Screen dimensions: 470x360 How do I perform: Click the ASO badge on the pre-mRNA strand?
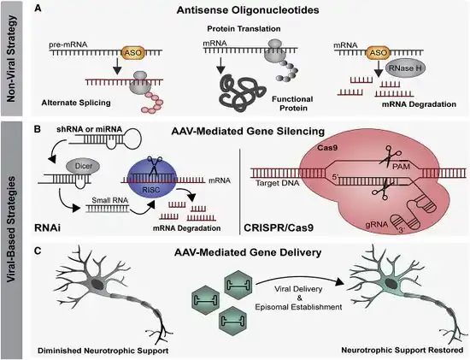[132, 52]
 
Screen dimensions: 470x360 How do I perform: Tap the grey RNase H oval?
[405, 68]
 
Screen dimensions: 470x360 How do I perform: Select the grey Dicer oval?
[84, 166]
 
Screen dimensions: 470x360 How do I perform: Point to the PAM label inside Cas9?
[401, 166]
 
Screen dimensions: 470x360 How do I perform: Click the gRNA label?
[377, 224]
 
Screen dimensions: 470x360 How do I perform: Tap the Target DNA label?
[277, 183]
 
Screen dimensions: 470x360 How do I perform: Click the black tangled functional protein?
[242, 92]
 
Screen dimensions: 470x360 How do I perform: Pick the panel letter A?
[38, 9]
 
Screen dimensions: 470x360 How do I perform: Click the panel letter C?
[38, 251]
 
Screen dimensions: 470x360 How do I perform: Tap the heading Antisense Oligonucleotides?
[248, 10]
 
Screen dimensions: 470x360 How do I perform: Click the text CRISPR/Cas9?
[279, 227]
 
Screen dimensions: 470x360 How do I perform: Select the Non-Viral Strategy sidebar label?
[11, 58]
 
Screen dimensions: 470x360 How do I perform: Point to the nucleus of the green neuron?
[390, 283]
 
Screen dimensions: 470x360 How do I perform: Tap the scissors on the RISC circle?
[154, 165]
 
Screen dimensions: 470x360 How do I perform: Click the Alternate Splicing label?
[76, 103]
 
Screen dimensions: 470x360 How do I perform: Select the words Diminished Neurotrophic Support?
[103, 351]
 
